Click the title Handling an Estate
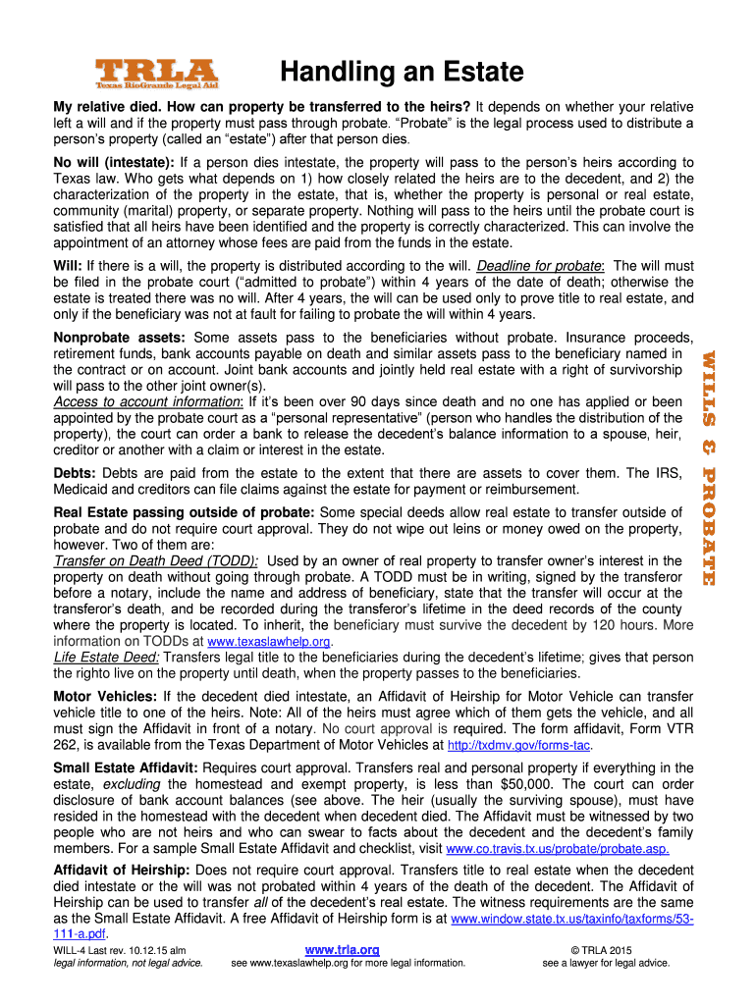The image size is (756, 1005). point(402,72)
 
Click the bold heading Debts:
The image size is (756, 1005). point(75,473)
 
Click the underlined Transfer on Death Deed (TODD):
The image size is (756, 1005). point(156,560)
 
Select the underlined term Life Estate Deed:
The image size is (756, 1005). point(106,657)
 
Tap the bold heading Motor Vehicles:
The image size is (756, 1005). point(105,696)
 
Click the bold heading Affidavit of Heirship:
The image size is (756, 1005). point(122,871)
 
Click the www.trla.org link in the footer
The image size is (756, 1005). point(343,949)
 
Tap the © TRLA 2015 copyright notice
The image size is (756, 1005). point(606,950)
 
